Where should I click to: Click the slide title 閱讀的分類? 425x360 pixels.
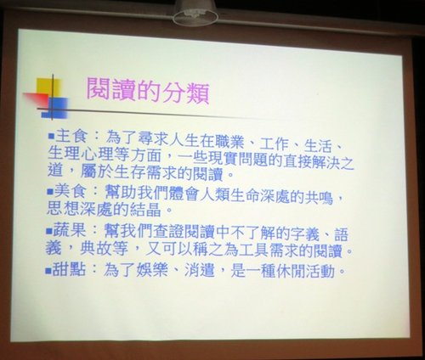(x=148, y=91)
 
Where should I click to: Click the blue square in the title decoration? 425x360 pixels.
(x=59, y=108)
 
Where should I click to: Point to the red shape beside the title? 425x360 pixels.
(x=37, y=98)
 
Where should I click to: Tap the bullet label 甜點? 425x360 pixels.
(x=69, y=268)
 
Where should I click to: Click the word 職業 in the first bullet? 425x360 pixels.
(x=229, y=141)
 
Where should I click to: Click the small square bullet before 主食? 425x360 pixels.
(x=51, y=137)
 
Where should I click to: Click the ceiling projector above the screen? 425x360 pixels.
(x=195, y=12)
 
